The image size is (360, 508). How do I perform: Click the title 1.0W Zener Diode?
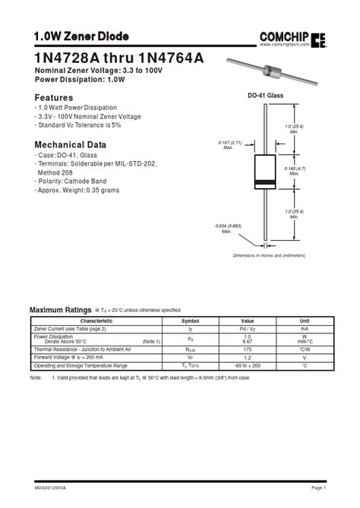[81, 36]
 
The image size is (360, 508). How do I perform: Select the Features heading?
[54, 98]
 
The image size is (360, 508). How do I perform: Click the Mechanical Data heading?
[71, 144]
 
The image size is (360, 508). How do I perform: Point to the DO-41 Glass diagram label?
[266, 96]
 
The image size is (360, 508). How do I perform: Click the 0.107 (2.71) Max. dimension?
[229, 144]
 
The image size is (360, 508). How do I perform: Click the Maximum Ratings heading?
[60, 310]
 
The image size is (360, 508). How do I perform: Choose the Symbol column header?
[191, 321]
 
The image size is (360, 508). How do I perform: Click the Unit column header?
[305, 321]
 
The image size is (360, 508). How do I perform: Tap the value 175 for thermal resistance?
[248, 349]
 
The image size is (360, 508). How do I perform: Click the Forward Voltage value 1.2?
[248, 358]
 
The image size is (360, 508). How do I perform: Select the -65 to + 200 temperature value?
[248, 366]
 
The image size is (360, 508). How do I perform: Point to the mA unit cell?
[305, 329]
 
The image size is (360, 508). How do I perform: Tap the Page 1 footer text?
[319, 487]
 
